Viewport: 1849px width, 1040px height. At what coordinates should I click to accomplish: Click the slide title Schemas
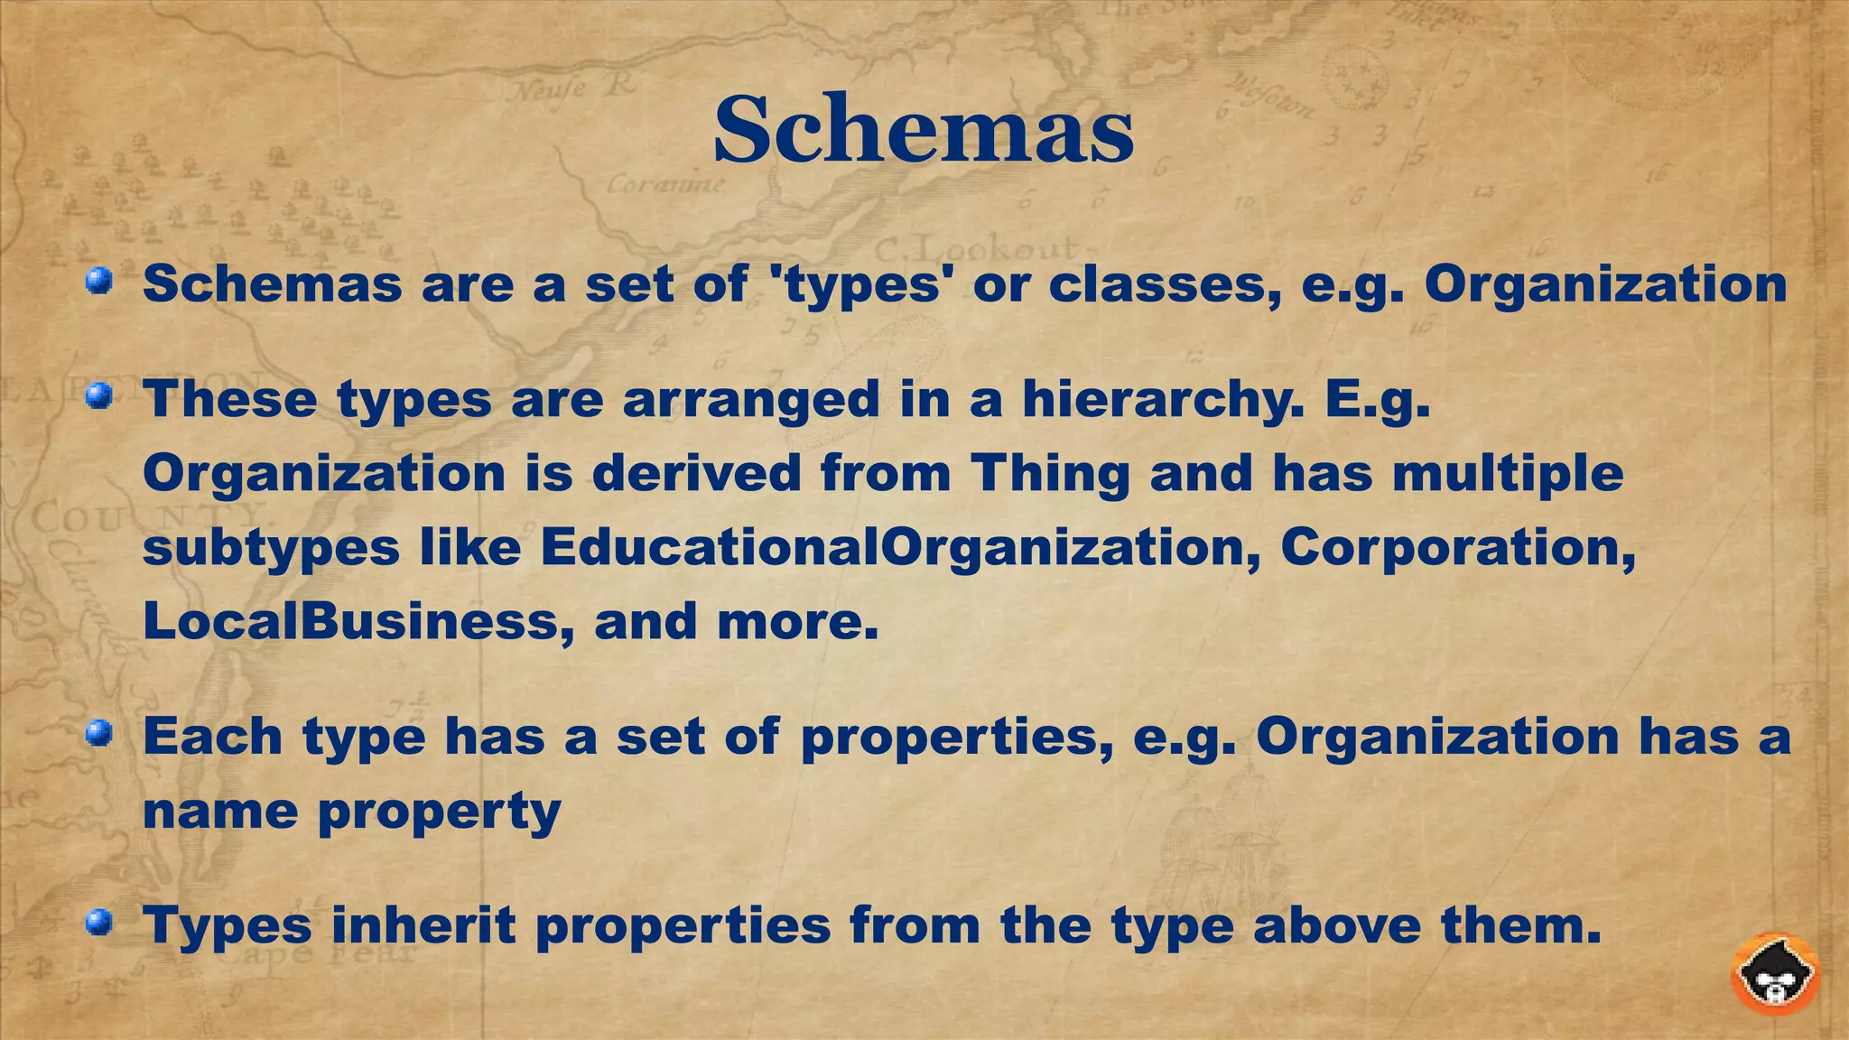(x=923, y=131)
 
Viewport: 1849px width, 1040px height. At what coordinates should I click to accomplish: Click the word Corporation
(x=1457, y=547)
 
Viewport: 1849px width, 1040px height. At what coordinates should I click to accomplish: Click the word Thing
(x=1049, y=473)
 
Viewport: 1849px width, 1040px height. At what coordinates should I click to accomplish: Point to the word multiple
(x=1508, y=473)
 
